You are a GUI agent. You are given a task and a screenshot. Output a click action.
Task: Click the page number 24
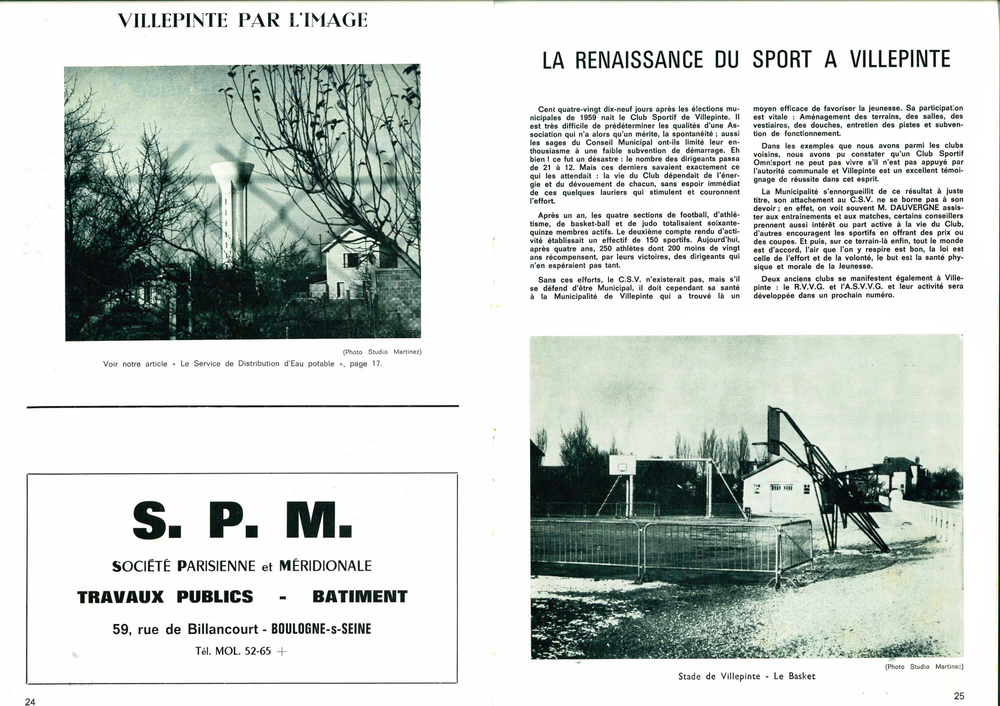click(x=30, y=701)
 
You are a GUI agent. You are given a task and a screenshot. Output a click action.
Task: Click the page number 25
click(x=959, y=695)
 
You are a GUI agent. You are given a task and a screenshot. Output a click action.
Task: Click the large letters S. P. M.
click(x=242, y=521)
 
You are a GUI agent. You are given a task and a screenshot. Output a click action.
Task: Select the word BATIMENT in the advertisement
click(x=360, y=596)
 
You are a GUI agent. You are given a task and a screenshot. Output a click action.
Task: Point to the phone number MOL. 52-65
click(x=246, y=651)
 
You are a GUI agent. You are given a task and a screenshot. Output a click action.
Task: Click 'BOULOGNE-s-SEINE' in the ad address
click(x=321, y=629)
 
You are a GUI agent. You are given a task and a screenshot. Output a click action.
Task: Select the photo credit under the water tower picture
click(x=382, y=352)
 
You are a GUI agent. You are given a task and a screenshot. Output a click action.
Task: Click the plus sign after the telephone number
click(x=282, y=652)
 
